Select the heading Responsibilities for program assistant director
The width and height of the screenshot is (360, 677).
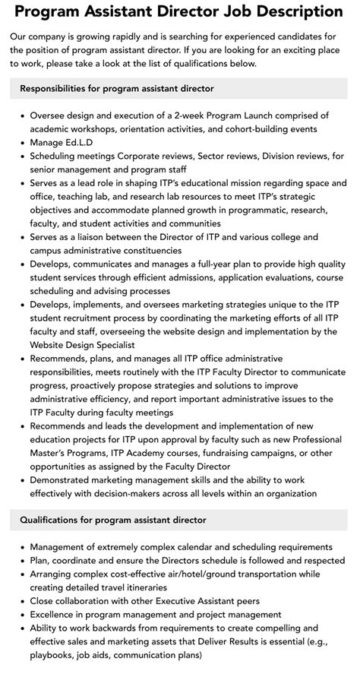117,89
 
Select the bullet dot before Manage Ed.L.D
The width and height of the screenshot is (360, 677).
23,142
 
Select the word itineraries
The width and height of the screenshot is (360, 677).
194,587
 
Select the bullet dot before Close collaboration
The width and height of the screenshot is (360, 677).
23,601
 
